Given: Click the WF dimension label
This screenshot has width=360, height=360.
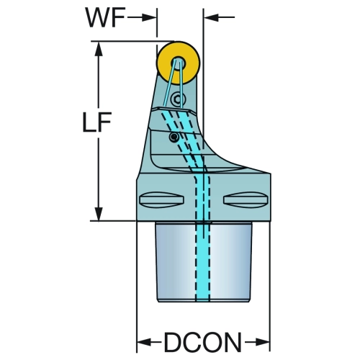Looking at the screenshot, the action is pyautogui.click(x=105, y=17).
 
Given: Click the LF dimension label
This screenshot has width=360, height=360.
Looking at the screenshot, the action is pyautogui.click(x=96, y=122).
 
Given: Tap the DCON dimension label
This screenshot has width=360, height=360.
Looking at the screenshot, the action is pyautogui.click(x=202, y=342).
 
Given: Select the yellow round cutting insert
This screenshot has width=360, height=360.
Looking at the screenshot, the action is pyautogui.click(x=178, y=63).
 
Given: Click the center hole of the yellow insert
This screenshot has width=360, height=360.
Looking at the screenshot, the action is pyautogui.click(x=178, y=63).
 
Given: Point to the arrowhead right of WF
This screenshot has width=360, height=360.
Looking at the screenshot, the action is pyautogui.click(x=149, y=17).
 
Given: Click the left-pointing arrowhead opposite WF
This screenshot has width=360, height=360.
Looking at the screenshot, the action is pyautogui.click(x=211, y=17).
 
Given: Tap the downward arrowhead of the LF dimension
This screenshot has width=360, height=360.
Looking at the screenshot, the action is pyautogui.click(x=99, y=213).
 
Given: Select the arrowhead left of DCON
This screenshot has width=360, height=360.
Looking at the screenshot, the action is pyautogui.click(x=144, y=342).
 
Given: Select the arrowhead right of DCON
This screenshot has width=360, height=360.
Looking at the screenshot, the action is pyautogui.click(x=263, y=342).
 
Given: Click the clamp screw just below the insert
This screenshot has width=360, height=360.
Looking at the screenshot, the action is pyautogui.click(x=178, y=99).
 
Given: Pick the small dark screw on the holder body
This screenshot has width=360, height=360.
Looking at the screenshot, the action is pyautogui.click(x=174, y=138).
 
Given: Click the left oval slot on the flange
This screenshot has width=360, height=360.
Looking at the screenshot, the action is pyautogui.click(x=161, y=199).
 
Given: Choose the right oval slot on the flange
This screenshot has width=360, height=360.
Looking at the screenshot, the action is pyautogui.click(x=246, y=199).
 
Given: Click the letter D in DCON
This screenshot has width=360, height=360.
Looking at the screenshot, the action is pyautogui.click(x=173, y=342).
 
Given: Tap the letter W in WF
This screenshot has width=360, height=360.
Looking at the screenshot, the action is pyautogui.click(x=96, y=17).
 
